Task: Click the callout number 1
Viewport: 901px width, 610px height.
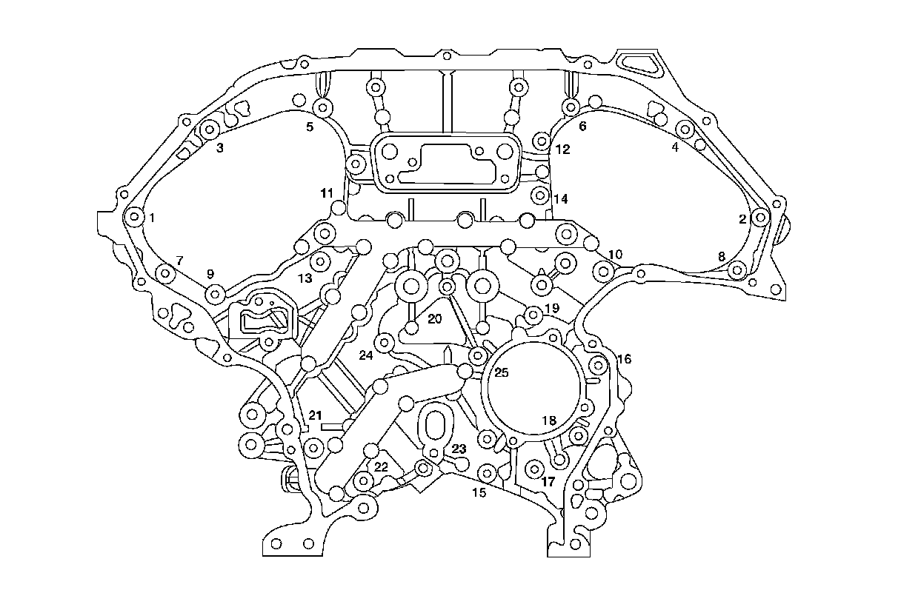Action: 152,218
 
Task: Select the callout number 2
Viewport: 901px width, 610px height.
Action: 742,219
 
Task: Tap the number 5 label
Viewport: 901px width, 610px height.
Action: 310,127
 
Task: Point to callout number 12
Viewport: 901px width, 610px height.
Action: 562,150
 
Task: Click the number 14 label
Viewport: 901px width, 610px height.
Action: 560,199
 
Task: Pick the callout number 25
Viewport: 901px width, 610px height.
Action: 502,373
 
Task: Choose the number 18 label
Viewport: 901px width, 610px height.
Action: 548,420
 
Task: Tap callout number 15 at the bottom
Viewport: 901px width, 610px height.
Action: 479,492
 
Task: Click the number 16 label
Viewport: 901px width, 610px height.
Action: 625,360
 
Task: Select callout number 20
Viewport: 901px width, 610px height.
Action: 434,318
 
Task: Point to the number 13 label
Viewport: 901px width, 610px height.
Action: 306,278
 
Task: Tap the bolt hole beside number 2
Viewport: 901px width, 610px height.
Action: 760,218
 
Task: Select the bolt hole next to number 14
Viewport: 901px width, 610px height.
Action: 541,197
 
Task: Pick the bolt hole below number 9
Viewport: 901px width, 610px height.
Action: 215,295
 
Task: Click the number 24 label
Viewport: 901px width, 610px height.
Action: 366,355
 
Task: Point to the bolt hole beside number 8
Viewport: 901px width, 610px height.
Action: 736,271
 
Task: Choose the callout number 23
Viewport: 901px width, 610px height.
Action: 459,449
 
